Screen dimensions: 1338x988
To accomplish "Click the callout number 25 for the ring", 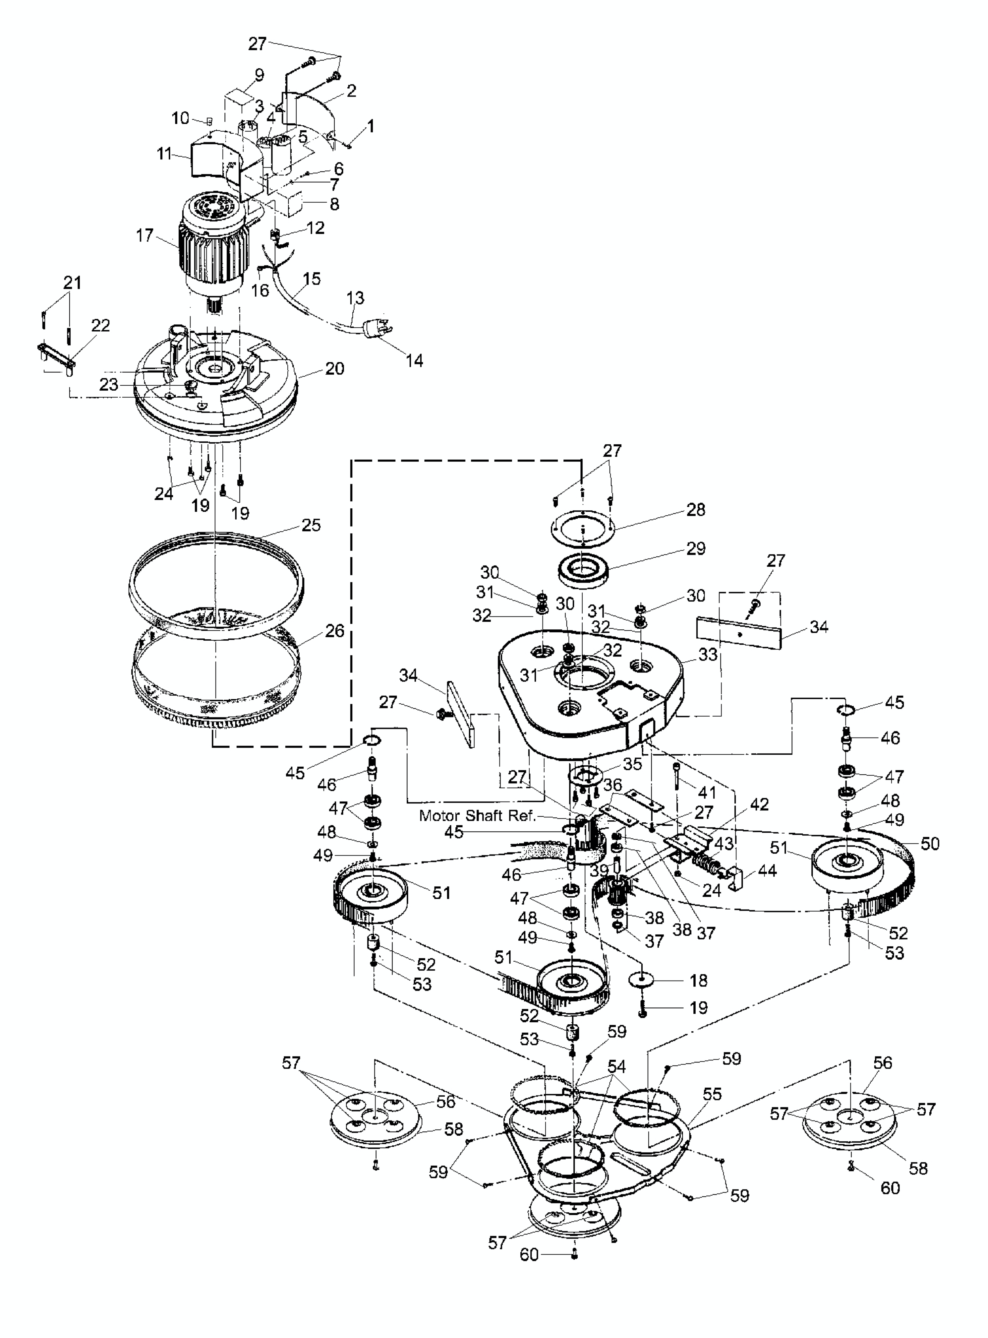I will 311,525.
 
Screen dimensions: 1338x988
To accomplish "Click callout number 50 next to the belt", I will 930,843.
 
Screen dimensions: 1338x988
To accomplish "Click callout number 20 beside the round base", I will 335,369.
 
